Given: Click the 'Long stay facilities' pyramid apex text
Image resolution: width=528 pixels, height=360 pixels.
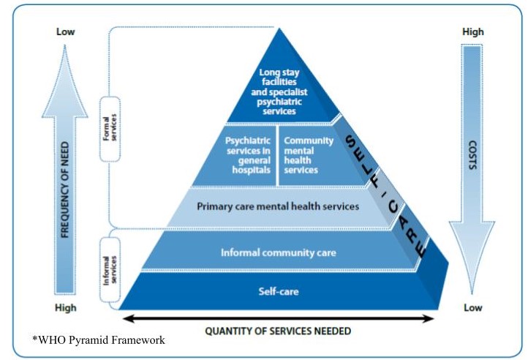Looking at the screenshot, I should (278, 91).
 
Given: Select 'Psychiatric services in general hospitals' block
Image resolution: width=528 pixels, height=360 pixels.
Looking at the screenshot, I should (247, 154).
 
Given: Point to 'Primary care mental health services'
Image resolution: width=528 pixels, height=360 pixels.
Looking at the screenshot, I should (278, 206).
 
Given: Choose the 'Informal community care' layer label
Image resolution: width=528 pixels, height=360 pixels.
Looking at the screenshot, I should (278, 253).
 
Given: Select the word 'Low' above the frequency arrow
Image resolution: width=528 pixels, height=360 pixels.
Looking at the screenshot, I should (66, 32).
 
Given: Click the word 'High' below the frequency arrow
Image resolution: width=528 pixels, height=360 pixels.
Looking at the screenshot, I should (66, 308).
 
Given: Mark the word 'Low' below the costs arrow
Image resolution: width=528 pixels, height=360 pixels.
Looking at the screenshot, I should (472, 308).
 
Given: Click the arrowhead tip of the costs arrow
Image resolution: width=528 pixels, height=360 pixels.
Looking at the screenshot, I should (472, 291).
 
